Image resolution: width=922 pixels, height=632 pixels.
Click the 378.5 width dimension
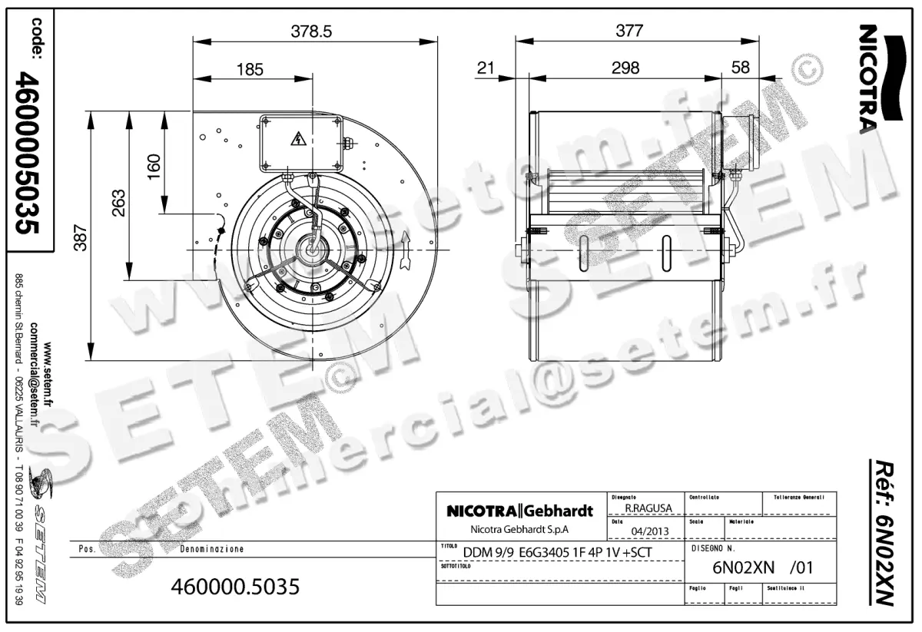pyautogui.click(x=311, y=31)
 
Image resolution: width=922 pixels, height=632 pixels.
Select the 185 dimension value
pyautogui.click(x=250, y=70)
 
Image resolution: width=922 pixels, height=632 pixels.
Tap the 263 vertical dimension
pyautogui.click(x=118, y=203)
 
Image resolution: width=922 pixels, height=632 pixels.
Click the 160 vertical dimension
pyautogui.click(x=154, y=164)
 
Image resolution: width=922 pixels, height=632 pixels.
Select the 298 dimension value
pyautogui.click(x=625, y=68)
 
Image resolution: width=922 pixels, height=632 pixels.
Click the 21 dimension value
pyautogui.click(x=485, y=68)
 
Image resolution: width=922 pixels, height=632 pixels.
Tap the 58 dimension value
pyautogui.click(x=741, y=68)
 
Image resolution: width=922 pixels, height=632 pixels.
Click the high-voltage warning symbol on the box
pyautogui.click(x=297, y=140)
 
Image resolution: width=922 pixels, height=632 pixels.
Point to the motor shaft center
pyautogui.click(x=313, y=247)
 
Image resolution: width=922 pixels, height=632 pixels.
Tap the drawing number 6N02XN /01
pyautogui.click(x=762, y=568)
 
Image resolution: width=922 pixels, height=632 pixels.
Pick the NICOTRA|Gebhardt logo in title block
pyautogui.click(x=520, y=511)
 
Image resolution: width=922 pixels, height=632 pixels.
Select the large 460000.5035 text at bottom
pyautogui.click(x=237, y=587)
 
